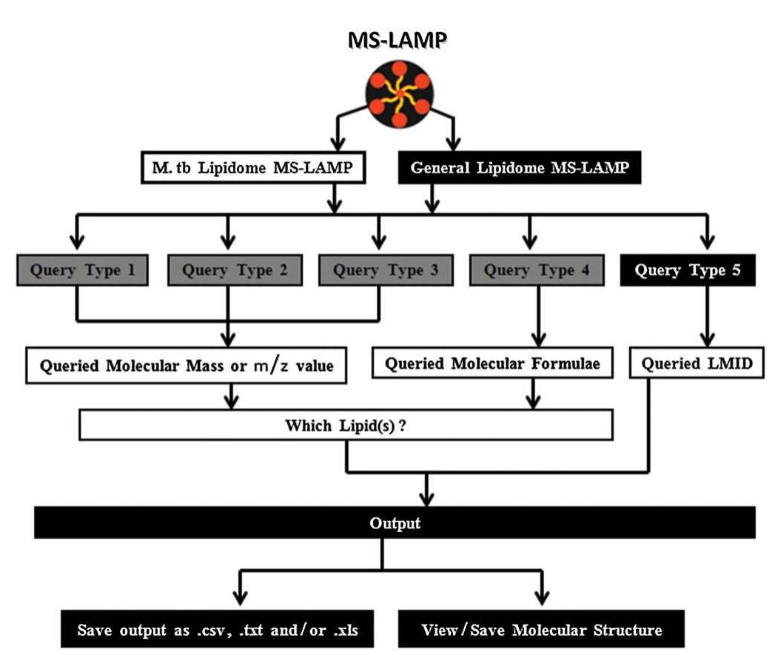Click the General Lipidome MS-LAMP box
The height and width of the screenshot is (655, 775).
tap(520, 169)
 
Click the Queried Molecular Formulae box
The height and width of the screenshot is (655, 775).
tap(489, 363)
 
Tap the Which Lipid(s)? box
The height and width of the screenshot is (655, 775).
tap(346, 426)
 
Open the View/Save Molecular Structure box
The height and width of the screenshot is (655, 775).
tap(541, 631)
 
